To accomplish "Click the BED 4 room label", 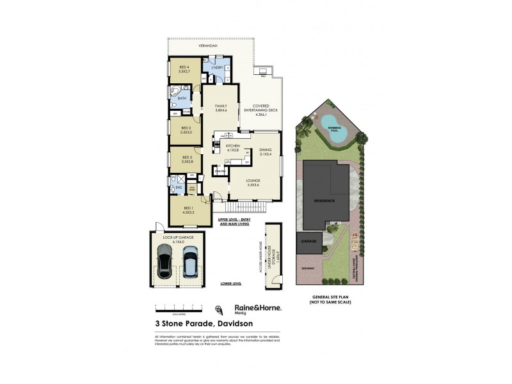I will pos(184,69).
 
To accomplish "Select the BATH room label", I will pos(182,98).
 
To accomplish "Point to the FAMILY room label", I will pos(221,108).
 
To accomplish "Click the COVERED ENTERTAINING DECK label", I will pos(261,110).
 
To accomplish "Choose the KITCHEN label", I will pos(232,148).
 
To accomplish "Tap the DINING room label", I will pos(266,152).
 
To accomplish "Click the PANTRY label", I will pos(220,171).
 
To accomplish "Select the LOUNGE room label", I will pos(253,182).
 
